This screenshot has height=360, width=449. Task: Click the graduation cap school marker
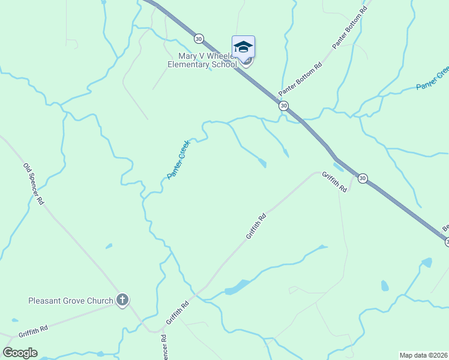(x=243, y=47)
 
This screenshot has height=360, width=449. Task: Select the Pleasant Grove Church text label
(x=71, y=301)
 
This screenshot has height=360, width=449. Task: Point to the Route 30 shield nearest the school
(x=199, y=38)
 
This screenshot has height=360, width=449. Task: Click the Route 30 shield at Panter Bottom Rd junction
(x=283, y=106)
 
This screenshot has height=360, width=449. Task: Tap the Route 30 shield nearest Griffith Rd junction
(x=363, y=178)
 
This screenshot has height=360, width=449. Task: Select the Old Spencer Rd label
(x=34, y=184)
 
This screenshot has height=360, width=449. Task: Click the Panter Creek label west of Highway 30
(x=178, y=159)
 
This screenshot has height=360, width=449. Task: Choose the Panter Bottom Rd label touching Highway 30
(x=301, y=79)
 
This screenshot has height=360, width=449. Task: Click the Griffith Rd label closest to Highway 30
(x=334, y=181)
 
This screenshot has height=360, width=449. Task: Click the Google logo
(x=20, y=353)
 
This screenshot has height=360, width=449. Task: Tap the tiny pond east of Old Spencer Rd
(x=109, y=246)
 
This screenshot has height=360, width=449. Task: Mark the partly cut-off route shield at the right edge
(x=447, y=242)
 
